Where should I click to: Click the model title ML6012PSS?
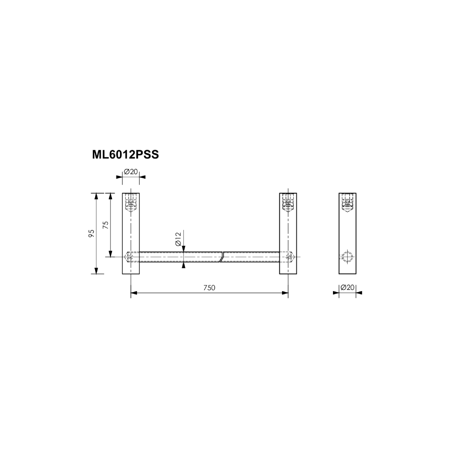125,155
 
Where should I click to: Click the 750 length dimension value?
209,288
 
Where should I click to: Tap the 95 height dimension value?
91,233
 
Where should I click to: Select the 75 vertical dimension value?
106,225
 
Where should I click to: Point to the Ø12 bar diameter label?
179,239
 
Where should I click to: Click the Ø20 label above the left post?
131,172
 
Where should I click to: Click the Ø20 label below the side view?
347,287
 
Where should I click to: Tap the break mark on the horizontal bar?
222,257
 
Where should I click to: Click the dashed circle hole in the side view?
347,257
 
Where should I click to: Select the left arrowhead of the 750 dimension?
134,293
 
